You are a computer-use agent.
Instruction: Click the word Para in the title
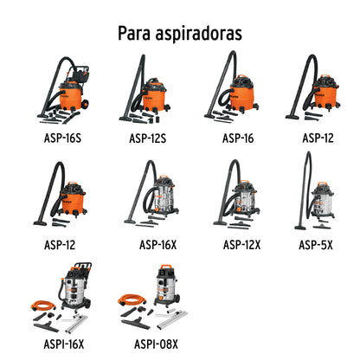(135, 33)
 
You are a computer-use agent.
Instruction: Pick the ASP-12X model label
(241, 243)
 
